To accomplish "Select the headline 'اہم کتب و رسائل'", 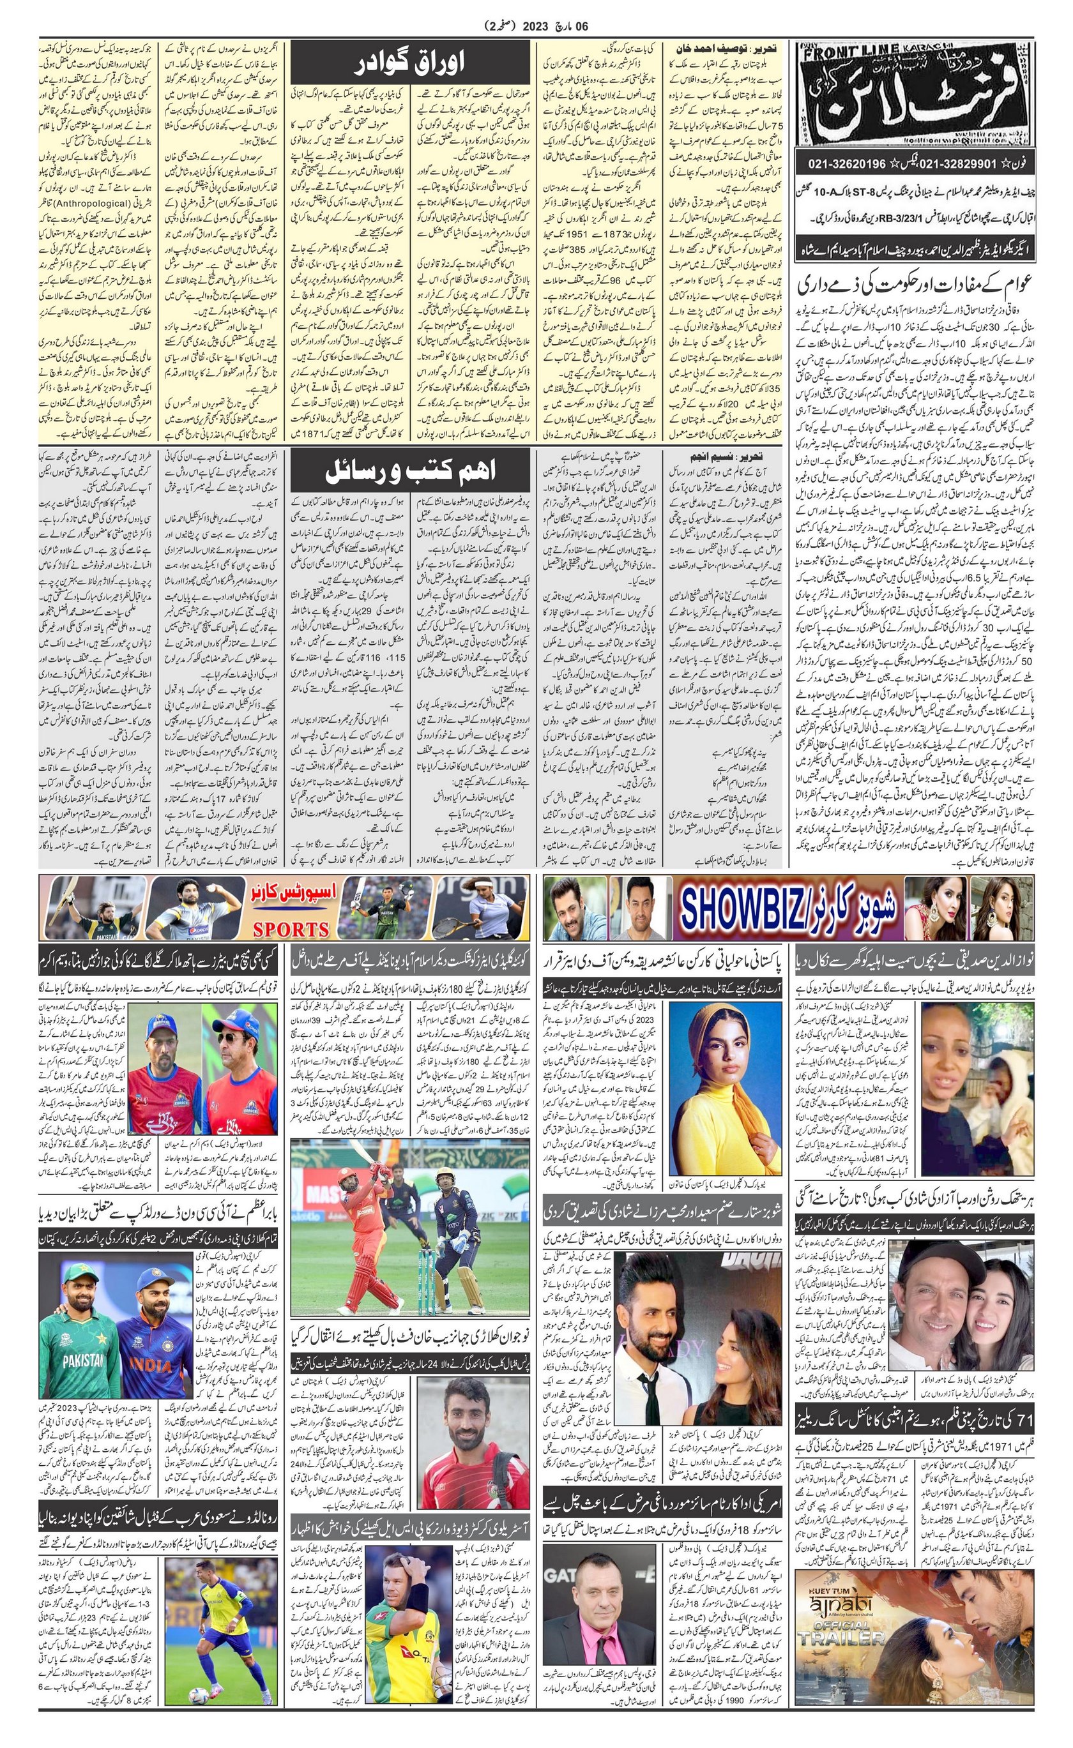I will pos(409,470).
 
